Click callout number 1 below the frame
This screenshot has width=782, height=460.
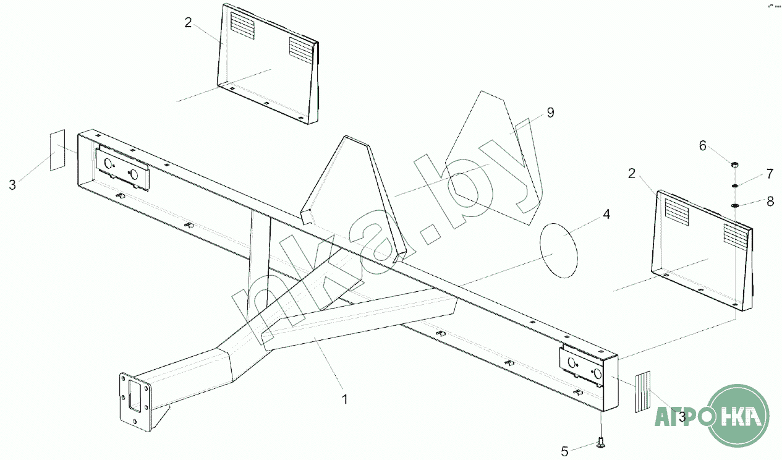point(345,399)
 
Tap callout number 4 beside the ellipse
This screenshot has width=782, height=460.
point(606,215)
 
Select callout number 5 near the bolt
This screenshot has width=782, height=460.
point(564,451)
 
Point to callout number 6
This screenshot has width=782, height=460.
point(702,146)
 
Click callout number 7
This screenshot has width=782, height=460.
point(769,174)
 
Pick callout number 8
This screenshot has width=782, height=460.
point(769,201)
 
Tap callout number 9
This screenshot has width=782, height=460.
point(550,113)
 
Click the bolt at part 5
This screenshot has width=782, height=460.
point(601,441)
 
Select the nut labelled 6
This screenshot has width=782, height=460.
point(734,165)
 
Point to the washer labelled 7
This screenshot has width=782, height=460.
point(734,185)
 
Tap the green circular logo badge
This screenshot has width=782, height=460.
point(739,415)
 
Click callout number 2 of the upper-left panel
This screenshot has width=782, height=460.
point(188,23)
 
